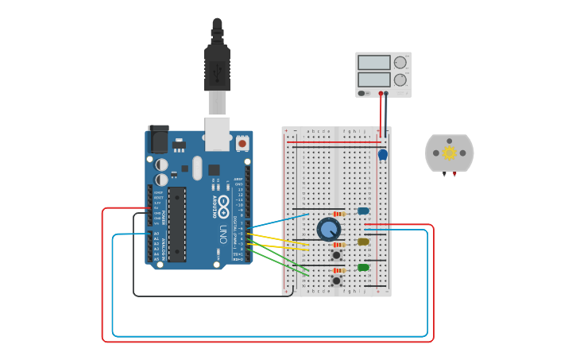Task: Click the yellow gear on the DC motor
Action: [x=449, y=153]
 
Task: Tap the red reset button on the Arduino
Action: [x=242, y=144]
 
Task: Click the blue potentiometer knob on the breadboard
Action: [x=328, y=230]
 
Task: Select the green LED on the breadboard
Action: [x=363, y=267]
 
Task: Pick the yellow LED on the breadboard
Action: [x=363, y=242]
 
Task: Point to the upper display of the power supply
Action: [x=373, y=63]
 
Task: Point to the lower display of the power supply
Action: [x=373, y=79]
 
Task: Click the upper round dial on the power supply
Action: [x=400, y=63]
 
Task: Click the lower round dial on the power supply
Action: [x=400, y=79]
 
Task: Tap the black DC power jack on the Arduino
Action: [x=158, y=140]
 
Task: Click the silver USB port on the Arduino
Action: [x=217, y=133]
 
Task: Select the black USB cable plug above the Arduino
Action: [x=217, y=68]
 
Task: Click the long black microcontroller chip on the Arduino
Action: [x=176, y=224]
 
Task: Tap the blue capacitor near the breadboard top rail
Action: [x=382, y=155]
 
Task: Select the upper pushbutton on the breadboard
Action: [x=336, y=255]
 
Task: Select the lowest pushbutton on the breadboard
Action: [x=336, y=281]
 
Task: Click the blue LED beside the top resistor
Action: [x=363, y=211]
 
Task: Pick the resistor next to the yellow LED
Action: [x=339, y=244]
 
